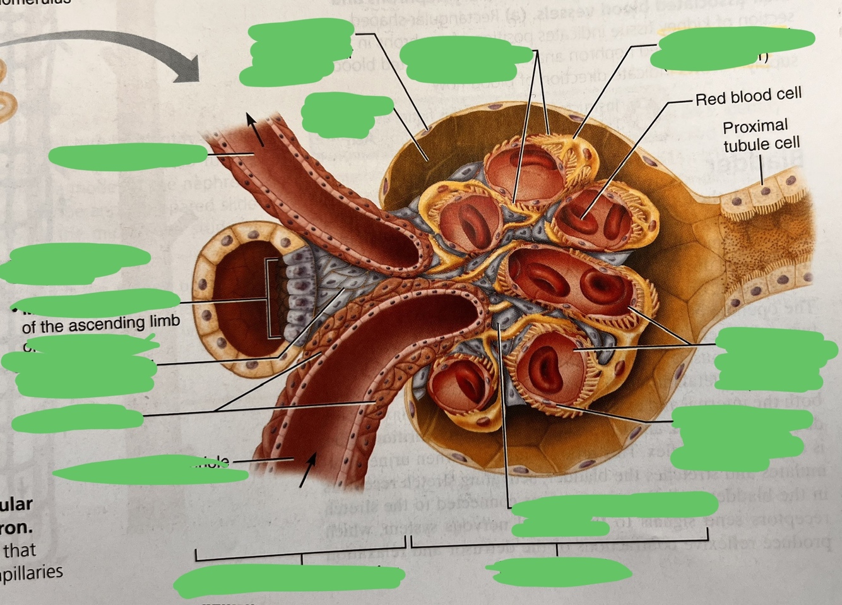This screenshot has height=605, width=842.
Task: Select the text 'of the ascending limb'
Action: [100, 324]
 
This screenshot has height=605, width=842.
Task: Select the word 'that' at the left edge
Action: [20, 551]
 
